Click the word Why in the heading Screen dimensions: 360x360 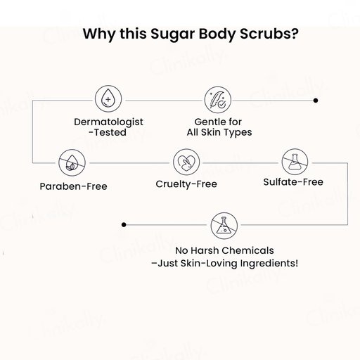99,34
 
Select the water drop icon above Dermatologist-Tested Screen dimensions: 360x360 108,99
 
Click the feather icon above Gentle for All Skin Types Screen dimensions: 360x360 218,100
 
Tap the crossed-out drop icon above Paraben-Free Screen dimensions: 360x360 72,162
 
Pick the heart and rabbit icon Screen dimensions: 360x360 186,162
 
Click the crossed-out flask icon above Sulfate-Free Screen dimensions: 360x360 295,162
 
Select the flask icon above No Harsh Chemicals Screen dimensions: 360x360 224,226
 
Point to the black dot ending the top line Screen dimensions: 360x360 316,101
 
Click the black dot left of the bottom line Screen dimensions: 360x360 124,225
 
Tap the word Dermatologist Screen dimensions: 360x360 108,122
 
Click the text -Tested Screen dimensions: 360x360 108,132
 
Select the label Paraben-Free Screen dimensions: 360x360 73,186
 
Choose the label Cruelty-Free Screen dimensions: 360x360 186,184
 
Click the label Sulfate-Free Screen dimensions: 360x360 293,182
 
